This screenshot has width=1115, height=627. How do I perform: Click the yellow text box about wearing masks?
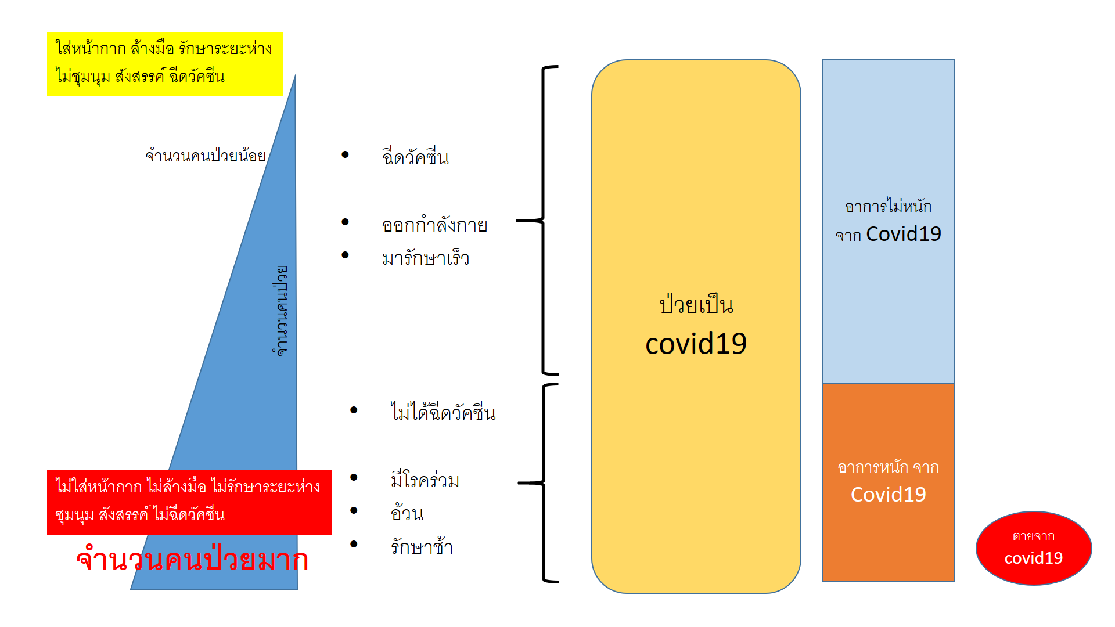point(165,64)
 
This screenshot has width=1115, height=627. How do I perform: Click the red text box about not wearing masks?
point(189,502)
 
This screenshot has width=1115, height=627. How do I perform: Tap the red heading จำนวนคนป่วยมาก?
point(192,560)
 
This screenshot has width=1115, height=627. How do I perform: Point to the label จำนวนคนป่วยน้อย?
point(206,156)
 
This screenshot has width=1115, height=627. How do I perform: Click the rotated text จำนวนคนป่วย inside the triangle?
point(281,311)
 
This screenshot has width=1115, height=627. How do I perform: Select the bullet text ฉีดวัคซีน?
point(415,157)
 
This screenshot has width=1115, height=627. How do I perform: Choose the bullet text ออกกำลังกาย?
point(434,225)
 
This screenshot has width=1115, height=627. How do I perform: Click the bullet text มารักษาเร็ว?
point(426,258)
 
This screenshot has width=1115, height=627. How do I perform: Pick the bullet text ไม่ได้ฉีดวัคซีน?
point(443,413)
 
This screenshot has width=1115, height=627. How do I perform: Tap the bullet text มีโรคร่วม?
point(425,481)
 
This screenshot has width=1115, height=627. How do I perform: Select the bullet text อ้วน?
point(407,514)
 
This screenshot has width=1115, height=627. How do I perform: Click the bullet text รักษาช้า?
point(422,547)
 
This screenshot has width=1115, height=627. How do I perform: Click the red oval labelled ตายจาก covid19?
point(1034,548)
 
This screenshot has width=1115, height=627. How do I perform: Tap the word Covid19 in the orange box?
point(889,495)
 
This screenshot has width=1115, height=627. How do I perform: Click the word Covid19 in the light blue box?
point(904,234)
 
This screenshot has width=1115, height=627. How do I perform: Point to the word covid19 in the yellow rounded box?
point(696,344)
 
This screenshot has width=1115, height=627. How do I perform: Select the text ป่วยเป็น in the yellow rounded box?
point(696,305)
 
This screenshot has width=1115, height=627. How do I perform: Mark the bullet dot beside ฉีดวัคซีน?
point(346,154)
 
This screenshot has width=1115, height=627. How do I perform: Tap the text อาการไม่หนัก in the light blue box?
point(888,206)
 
